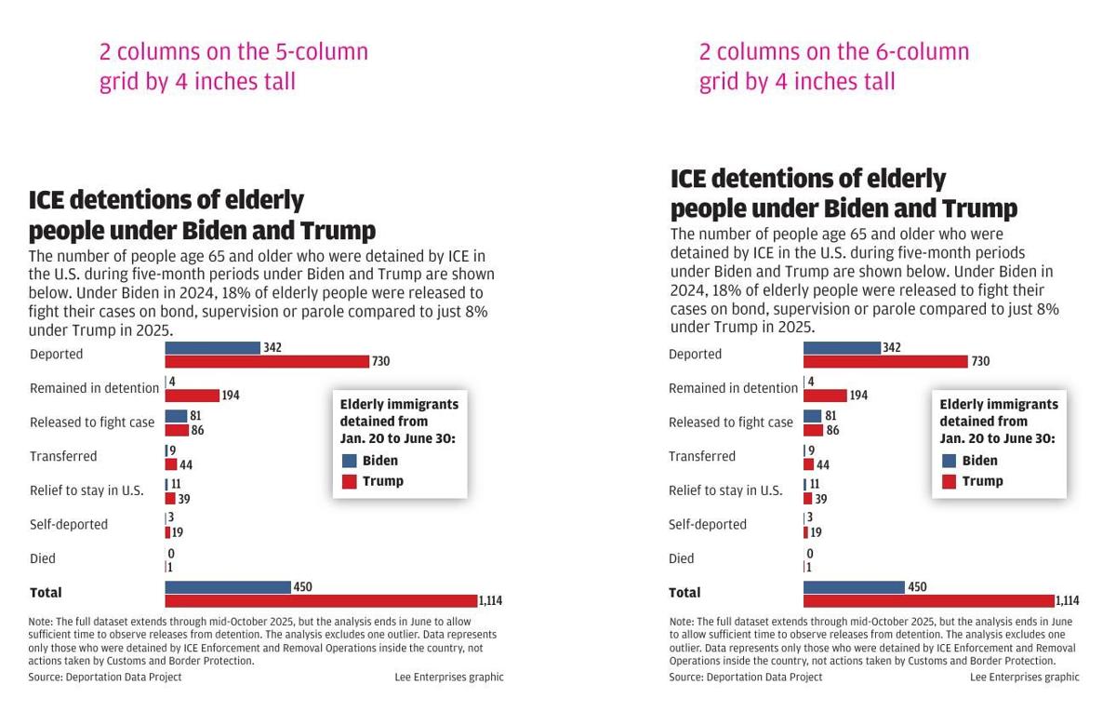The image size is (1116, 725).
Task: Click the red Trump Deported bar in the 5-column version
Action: click(267, 361)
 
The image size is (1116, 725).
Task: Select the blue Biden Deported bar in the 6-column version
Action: click(842, 348)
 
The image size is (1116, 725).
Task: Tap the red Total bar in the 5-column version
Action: click(321, 600)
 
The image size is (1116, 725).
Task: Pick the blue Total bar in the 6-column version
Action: click(854, 587)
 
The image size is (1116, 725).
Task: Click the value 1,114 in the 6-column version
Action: click(1067, 601)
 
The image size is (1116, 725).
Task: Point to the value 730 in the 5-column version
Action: click(380, 361)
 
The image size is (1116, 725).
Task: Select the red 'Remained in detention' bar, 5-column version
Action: click(193, 396)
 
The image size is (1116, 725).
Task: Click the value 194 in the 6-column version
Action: click(858, 396)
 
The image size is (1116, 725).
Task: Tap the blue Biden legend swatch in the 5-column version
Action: click(350, 461)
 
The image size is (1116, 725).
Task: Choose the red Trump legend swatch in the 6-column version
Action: click(950, 481)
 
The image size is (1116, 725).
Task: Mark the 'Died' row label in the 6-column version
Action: click(682, 558)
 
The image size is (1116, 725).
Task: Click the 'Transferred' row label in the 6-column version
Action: click(702, 456)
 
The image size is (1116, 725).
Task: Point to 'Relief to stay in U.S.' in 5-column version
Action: click(86, 490)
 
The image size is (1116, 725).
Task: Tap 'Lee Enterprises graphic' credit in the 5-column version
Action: click(448, 678)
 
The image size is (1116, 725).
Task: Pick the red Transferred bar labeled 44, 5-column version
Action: click(171, 464)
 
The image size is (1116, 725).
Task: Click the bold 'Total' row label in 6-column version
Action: click(684, 593)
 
